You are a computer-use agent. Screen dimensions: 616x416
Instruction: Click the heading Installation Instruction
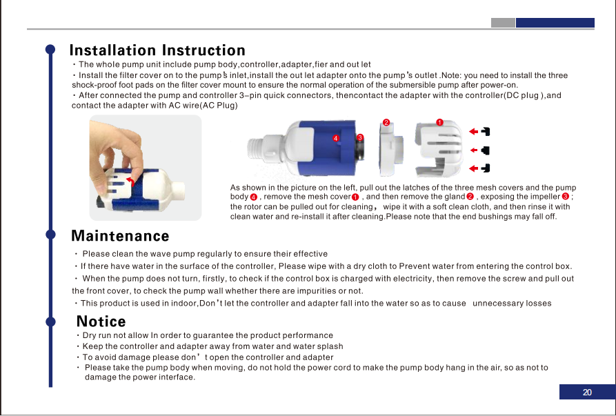click(157, 50)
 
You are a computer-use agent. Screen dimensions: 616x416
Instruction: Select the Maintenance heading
click(120, 236)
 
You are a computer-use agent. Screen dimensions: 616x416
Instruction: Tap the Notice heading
click(101, 321)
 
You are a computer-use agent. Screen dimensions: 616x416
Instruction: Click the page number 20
click(587, 392)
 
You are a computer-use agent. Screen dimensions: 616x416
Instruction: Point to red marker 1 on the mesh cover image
click(439, 123)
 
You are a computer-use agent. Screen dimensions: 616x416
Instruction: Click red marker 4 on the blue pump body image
click(335, 138)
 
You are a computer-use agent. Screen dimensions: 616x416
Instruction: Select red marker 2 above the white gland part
click(386, 123)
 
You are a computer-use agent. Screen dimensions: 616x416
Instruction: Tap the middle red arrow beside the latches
click(474, 150)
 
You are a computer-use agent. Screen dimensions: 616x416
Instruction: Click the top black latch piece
click(486, 132)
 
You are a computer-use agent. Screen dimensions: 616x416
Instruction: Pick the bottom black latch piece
click(486, 168)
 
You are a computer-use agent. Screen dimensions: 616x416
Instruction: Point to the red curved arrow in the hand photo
click(131, 181)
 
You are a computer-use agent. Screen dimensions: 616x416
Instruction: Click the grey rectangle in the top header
click(503, 23)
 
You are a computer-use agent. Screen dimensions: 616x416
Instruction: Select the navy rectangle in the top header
click(555, 23)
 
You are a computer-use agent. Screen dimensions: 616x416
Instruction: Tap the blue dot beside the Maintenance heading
click(50, 234)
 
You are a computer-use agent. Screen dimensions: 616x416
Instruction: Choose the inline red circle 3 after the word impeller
click(566, 197)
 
